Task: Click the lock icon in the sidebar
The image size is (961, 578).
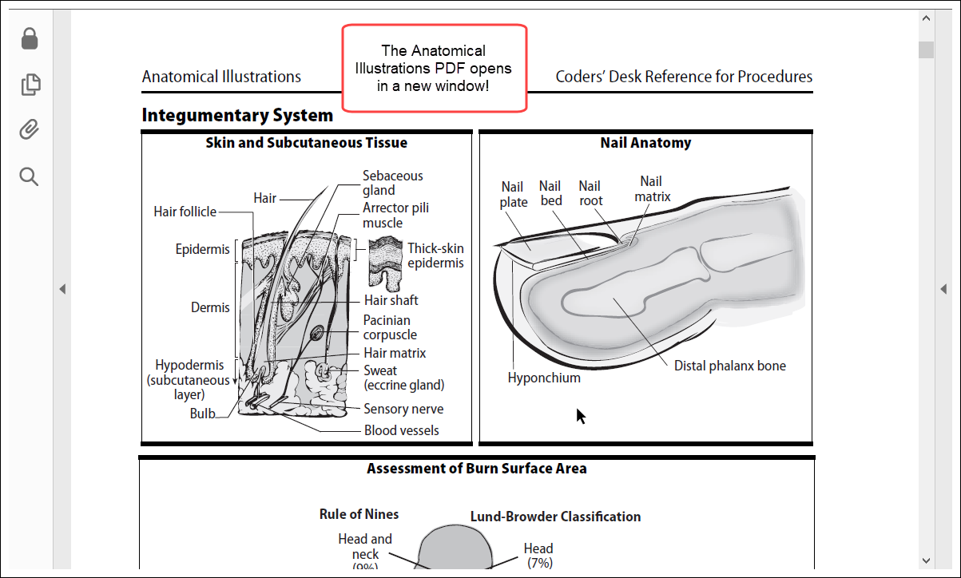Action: pyautogui.click(x=30, y=38)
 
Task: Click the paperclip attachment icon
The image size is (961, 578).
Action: pyautogui.click(x=30, y=130)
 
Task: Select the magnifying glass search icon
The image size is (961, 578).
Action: pyautogui.click(x=30, y=176)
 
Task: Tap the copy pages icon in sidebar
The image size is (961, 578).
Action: pyautogui.click(x=30, y=85)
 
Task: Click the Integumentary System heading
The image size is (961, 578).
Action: pyautogui.click(x=237, y=116)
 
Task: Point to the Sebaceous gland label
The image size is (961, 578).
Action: pyautogui.click(x=392, y=183)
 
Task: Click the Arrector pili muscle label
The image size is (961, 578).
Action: pyautogui.click(x=395, y=216)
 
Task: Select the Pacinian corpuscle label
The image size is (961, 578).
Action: pyautogui.click(x=390, y=327)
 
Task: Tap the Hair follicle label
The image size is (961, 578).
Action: pyautogui.click(x=185, y=212)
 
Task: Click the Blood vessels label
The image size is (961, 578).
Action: pyautogui.click(x=401, y=430)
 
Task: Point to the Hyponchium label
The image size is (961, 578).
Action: pyautogui.click(x=544, y=378)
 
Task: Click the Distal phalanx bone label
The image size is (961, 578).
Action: pyautogui.click(x=729, y=366)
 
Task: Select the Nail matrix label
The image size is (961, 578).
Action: pyautogui.click(x=652, y=189)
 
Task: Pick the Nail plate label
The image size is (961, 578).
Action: pyautogui.click(x=514, y=194)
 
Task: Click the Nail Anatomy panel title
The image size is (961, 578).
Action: pyautogui.click(x=645, y=143)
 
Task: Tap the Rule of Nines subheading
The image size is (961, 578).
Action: pyautogui.click(x=359, y=514)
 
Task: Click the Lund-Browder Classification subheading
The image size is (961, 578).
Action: pyautogui.click(x=555, y=517)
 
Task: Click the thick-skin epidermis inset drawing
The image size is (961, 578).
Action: pyautogui.click(x=385, y=262)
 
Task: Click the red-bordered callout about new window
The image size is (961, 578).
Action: pyautogui.click(x=434, y=68)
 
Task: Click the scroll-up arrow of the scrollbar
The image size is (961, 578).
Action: pyautogui.click(x=926, y=18)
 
